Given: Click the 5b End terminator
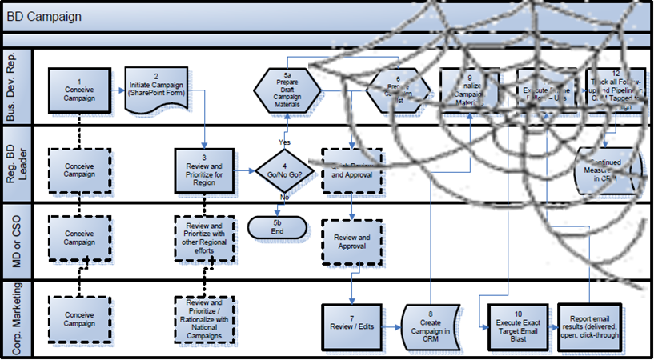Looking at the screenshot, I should pos(277,227).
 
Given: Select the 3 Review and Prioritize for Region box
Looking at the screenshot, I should pos(204,170).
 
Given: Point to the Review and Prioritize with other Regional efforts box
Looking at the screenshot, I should pos(204,238).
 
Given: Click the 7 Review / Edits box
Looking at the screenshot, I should pos(352,326).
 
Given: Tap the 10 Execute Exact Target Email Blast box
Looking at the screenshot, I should pos(518,326).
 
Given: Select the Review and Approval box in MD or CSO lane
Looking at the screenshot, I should pos(352,242).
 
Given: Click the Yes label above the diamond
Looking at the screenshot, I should pos(284,142).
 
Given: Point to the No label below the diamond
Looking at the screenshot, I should pos(284,197).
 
